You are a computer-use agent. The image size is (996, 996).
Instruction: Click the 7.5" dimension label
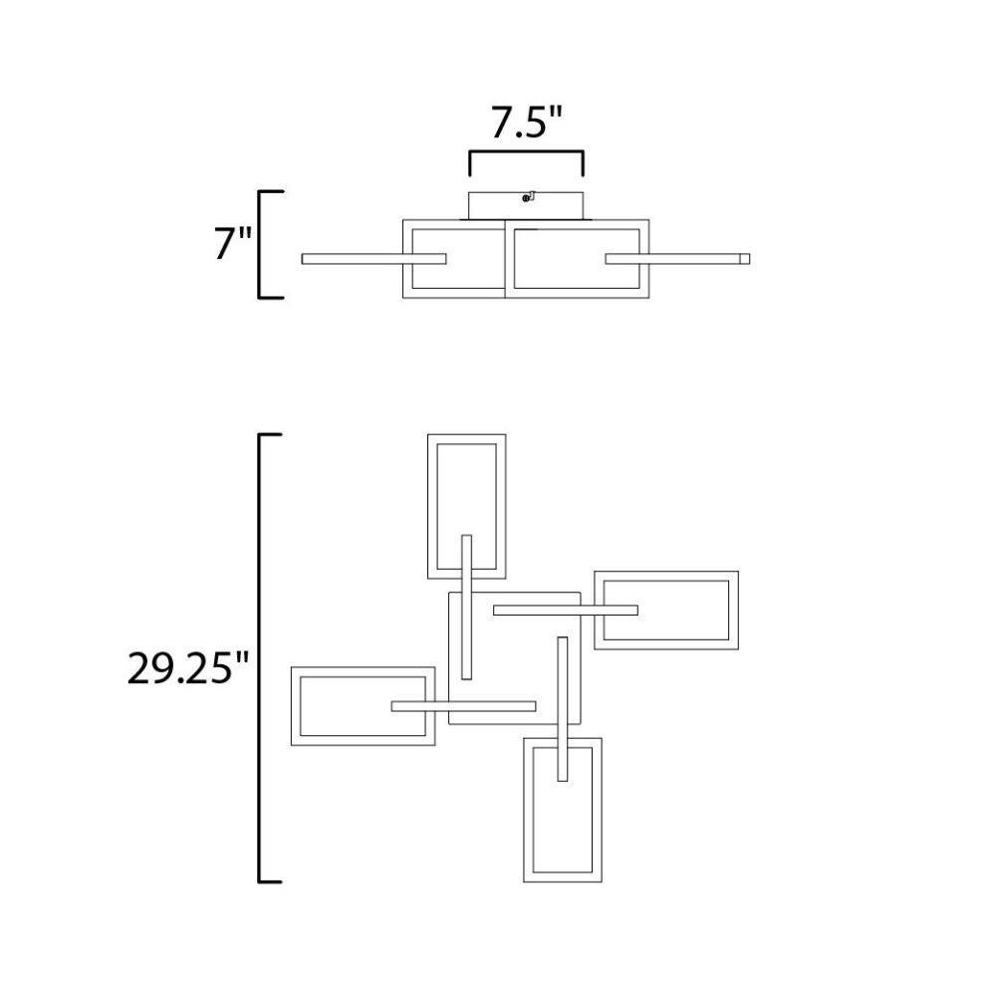tap(527, 123)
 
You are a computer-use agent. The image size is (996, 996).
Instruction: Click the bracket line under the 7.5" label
tap(526, 152)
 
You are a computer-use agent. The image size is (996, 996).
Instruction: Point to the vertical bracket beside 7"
tap(260, 244)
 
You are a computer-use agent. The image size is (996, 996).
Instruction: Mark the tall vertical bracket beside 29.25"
tap(260, 658)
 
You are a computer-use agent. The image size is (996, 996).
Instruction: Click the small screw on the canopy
tap(528, 197)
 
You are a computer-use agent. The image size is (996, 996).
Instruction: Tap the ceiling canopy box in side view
tap(526, 206)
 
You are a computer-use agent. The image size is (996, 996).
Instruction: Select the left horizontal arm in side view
tap(373, 259)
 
